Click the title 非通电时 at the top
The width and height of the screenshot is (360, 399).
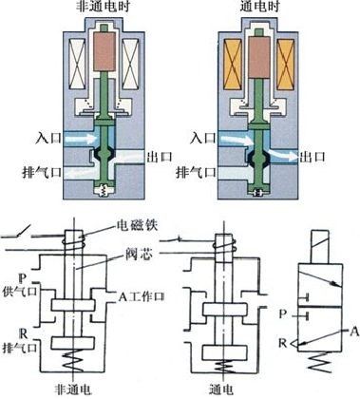pos(104,6)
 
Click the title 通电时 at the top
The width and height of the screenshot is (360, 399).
pos(259,6)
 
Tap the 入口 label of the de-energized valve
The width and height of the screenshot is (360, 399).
pos(48,139)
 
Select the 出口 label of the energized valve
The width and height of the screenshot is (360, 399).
pos(313,157)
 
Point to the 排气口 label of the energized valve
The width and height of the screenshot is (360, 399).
pos(196,173)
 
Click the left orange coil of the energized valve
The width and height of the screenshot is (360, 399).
pos(233,65)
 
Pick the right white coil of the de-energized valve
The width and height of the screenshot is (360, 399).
pos(131,64)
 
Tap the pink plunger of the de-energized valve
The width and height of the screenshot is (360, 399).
pos(104,51)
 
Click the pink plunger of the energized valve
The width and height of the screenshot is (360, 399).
pos(259,57)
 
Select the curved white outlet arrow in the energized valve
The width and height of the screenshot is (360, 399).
pos(283,153)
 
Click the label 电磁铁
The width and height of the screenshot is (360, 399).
pos(137,225)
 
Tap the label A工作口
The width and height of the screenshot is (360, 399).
pos(142,296)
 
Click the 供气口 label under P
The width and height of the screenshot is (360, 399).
pos(20,291)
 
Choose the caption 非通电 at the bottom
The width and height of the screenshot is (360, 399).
pos(73,389)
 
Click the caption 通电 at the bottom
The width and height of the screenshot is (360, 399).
pos(221,389)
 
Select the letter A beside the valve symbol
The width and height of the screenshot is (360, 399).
pos(354,332)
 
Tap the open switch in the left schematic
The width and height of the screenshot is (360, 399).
pos(23,231)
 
